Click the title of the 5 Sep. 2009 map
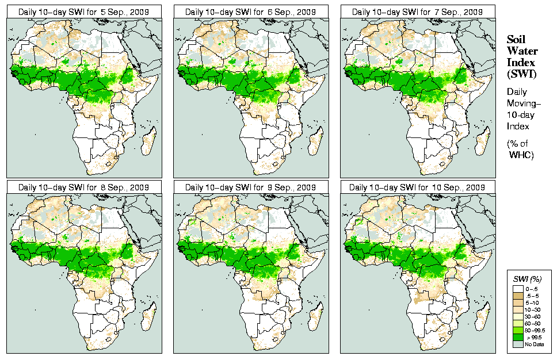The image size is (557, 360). point(84,12)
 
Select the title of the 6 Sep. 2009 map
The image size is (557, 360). point(251,12)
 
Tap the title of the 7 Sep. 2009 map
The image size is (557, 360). point(418,12)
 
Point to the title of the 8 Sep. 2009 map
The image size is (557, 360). point(84,187)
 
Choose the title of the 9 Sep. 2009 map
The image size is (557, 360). point(251,187)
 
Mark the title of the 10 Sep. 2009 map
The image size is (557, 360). point(418,187)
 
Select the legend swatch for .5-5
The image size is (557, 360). point(518,295)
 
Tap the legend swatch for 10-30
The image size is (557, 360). point(518,310)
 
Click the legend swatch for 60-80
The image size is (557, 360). point(518,323)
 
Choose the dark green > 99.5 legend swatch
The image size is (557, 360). point(518,337)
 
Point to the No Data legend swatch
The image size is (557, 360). point(518,344)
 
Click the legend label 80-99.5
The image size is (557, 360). point(535,330)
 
